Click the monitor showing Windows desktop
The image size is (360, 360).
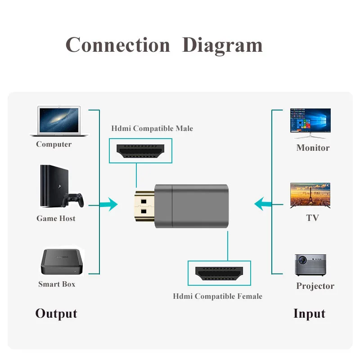coord(310,123)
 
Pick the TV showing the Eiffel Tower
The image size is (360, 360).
coord(310,195)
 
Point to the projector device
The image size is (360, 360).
coord(310,264)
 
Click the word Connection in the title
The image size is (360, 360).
coord(118,45)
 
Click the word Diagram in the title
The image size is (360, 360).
coord(222,46)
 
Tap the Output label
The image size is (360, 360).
coord(56,314)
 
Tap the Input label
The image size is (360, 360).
coord(309,314)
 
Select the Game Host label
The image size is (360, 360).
coord(56,218)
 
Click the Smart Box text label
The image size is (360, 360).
coord(57,284)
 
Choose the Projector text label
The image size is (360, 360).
coord(315,286)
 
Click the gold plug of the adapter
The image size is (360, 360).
coord(144,205)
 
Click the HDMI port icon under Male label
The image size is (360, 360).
coord(140,150)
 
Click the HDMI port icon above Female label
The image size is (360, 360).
coord(219,273)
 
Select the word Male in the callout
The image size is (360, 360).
coord(184,128)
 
